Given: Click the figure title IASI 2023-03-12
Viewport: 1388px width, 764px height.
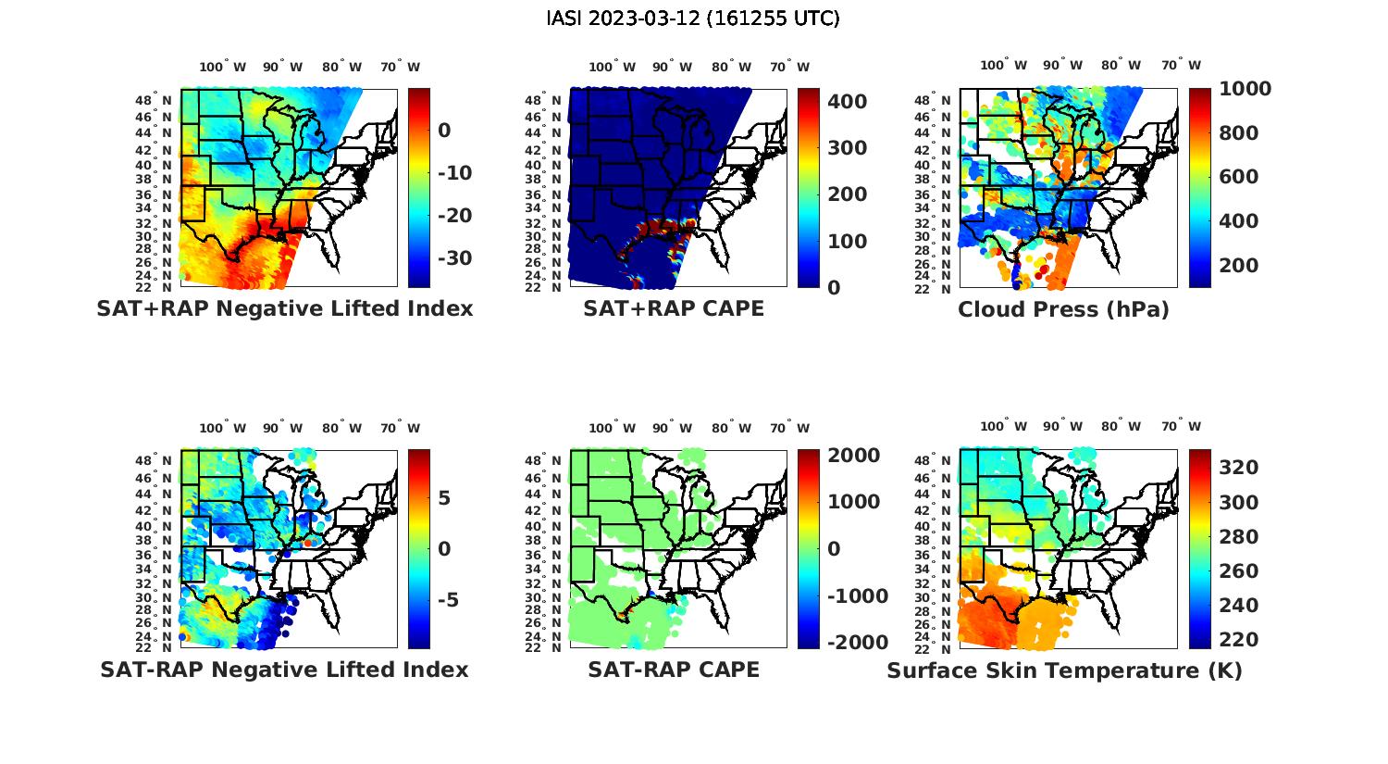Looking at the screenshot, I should pyautogui.click(x=693, y=19).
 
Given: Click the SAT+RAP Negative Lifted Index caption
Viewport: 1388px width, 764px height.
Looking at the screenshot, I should pyautogui.click(x=284, y=308).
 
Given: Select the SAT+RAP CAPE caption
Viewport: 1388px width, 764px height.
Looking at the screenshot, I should pyautogui.click(x=674, y=308).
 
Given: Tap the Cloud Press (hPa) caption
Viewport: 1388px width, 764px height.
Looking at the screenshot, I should pyautogui.click(x=1063, y=309).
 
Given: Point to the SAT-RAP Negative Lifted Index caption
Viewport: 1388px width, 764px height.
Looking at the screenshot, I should pyautogui.click(x=284, y=670).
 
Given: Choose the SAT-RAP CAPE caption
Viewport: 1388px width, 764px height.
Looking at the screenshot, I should pyautogui.click(x=674, y=670).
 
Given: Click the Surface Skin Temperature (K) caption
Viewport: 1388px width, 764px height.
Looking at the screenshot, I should pyautogui.click(x=1064, y=670).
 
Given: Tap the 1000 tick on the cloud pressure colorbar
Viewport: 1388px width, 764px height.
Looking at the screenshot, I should pyautogui.click(x=1245, y=89).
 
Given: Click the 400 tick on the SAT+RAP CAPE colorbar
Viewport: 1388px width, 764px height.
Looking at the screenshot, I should pyautogui.click(x=847, y=101).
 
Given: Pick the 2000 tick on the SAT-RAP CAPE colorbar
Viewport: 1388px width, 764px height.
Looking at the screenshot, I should pyautogui.click(x=853, y=456).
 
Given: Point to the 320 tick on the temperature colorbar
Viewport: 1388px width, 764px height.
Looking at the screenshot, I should pyautogui.click(x=1238, y=468).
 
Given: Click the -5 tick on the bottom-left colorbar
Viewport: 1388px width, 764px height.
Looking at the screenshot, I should pyautogui.click(x=446, y=599).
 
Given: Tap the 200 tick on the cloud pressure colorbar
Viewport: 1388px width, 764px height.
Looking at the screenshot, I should pyautogui.click(x=1238, y=265).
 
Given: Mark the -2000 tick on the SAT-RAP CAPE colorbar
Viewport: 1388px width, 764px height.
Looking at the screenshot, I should pyautogui.click(x=857, y=642).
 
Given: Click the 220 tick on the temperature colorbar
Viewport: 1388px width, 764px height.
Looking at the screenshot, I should pyautogui.click(x=1238, y=639).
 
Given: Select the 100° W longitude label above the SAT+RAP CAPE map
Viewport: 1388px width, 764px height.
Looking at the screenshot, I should pyautogui.click(x=612, y=67).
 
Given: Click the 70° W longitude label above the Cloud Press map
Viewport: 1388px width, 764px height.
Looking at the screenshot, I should pyautogui.click(x=1181, y=65).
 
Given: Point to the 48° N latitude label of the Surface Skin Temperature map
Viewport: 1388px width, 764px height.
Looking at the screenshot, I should pyautogui.click(x=934, y=460).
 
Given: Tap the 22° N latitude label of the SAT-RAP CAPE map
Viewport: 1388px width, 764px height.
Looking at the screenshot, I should pyautogui.click(x=543, y=647).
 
